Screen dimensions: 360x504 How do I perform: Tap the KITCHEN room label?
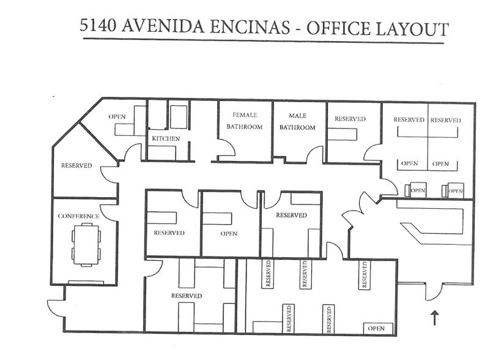click(x=166, y=139)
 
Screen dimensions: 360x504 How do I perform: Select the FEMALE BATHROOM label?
click(x=245, y=121)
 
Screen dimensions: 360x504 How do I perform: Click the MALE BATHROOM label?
click(x=297, y=121)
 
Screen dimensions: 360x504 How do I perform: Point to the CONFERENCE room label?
click(x=78, y=216)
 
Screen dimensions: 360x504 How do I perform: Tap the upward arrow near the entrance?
click(x=434, y=317)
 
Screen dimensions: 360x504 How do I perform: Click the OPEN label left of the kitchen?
click(x=117, y=116)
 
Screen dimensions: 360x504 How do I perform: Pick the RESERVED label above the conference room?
click(x=76, y=166)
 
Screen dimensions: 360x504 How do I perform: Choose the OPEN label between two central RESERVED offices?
click(x=228, y=233)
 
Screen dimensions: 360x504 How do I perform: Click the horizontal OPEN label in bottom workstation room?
click(x=375, y=328)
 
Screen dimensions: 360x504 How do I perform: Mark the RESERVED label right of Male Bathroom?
click(x=350, y=119)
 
